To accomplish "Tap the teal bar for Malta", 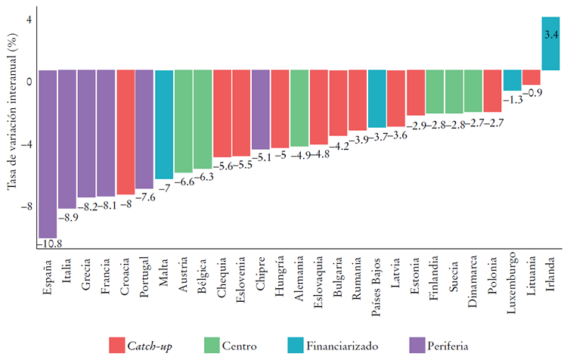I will coord(164,124).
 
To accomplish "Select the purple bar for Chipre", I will coord(261,110).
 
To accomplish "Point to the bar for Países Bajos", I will coord(377,99).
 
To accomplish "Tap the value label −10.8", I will coord(48,244).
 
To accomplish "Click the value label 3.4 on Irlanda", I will coord(551,34).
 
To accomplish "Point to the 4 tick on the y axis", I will coord(28,20).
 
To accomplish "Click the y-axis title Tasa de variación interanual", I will coord(13,124).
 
